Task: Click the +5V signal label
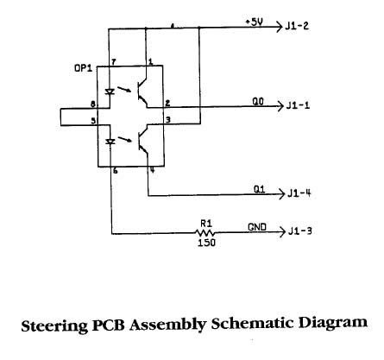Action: pyautogui.click(x=254, y=22)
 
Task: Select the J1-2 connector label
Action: pyautogui.click(x=297, y=26)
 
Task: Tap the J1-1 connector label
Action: pyautogui.click(x=298, y=105)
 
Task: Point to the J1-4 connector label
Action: pyautogui.click(x=299, y=193)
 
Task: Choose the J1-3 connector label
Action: pyautogui.click(x=300, y=231)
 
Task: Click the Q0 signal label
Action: pyautogui.click(x=258, y=102)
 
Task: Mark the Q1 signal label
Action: pyautogui.click(x=259, y=189)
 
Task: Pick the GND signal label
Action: pyautogui.click(x=257, y=227)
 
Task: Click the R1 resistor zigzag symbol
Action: pyautogui.click(x=205, y=232)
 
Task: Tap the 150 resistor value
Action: pyautogui.click(x=206, y=243)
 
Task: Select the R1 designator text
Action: pyautogui.click(x=206, y=224)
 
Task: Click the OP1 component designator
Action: pyautogui.click(x=83, y=68)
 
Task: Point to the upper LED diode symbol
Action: pyautogui.click(x=110, y=92)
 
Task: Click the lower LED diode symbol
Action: pyautogui.click(x=110, y=142)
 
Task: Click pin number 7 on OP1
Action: pyautogui.click(x=114, y=62)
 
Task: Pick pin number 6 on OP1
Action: pyautogui.click(x=115, y=171)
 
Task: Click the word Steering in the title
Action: pyautogui.click(x=54, y=325)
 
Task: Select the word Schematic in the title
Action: pyautogui.click(x=252, y=323)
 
